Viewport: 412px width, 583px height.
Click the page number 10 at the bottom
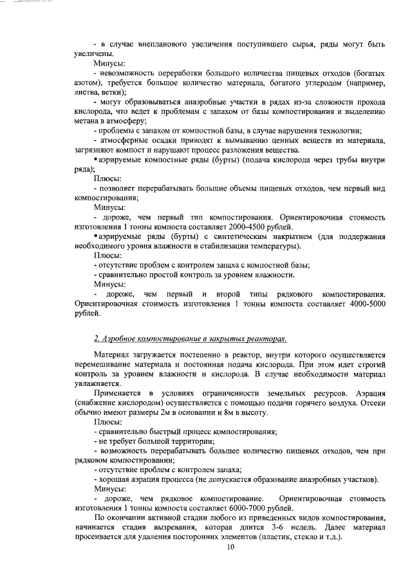[x=230, y=548]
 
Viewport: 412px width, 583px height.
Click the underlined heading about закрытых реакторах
[x=191, y=338]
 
